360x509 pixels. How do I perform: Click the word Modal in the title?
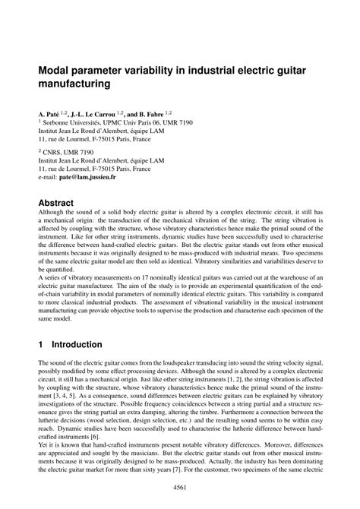coord(55,70)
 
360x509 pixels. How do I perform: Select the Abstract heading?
coord(55,203)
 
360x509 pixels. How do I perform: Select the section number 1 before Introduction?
coord(41,343)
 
